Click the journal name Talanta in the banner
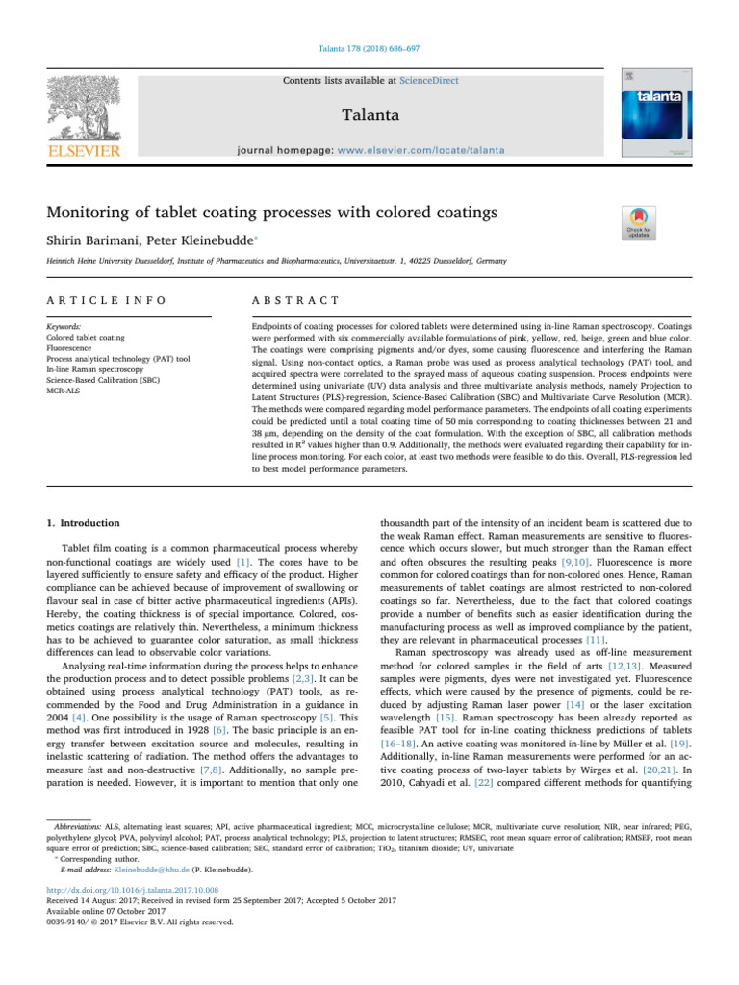pos(369,114)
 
